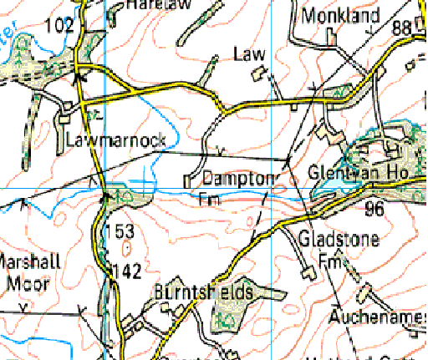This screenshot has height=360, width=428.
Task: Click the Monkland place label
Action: point(341,15)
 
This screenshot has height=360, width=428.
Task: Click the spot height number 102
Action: point(59,27)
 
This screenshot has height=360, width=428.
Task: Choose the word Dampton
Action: point(237,179)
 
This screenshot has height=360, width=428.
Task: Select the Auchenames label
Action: point(377,318)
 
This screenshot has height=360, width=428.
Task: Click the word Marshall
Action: point(30,261)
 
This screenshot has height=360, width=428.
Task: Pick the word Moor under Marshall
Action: point(27,282)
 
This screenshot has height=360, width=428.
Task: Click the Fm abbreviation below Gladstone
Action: point(333,261)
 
